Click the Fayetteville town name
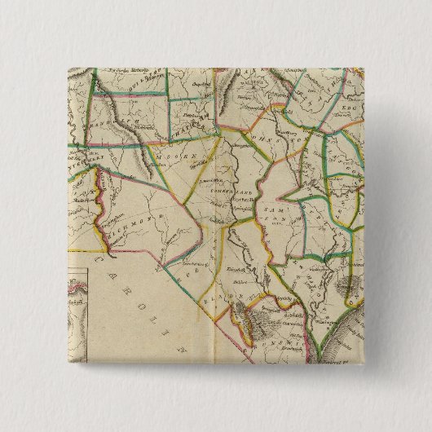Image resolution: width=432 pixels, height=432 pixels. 236,199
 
